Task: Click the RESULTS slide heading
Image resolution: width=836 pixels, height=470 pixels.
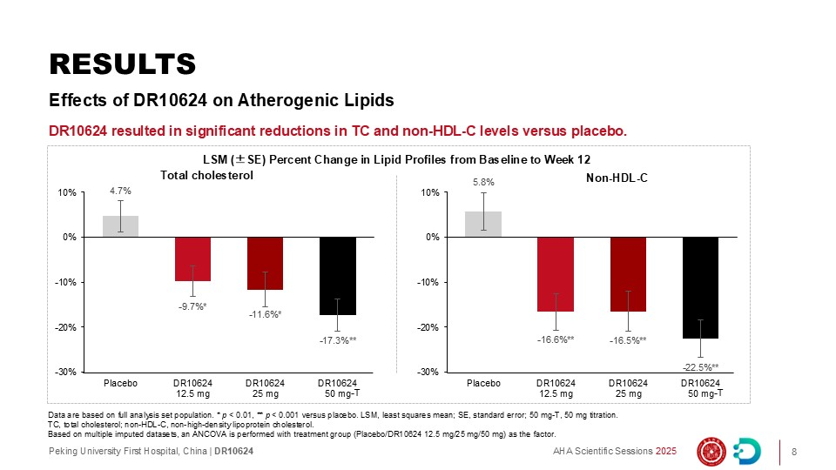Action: (122, 64)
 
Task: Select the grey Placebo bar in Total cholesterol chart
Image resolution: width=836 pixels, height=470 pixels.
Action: (120, 226)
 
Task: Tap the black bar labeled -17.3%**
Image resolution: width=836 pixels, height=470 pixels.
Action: (337, 276)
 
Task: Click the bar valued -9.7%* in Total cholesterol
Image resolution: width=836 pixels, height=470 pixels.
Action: (192, 258)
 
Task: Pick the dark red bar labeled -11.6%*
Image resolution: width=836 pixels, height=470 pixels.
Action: (265, 263)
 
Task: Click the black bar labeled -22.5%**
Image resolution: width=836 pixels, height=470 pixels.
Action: (700, 287)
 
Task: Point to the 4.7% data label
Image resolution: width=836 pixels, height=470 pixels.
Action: (120, 190)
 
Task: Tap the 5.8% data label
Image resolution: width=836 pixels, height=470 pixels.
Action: (484, 183)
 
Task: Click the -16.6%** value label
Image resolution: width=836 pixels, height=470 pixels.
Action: (556, 340)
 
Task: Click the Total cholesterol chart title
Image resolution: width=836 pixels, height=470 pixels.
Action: (206, 175)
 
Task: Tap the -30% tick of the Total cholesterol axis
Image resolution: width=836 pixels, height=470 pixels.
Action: (66, 373)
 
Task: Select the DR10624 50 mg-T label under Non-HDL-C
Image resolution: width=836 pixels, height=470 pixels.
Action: (700, 388)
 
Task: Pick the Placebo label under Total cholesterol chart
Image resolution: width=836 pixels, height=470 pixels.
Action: (120, 383)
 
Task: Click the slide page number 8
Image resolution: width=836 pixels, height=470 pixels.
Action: (794, 451)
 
